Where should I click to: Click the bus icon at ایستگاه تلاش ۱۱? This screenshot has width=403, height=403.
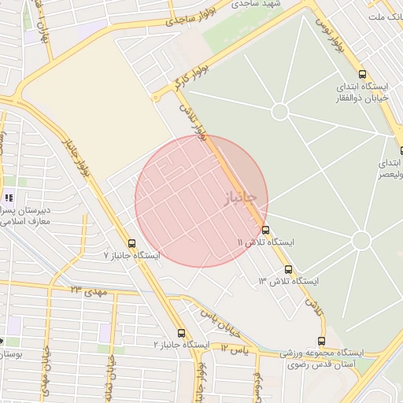click(265, 230)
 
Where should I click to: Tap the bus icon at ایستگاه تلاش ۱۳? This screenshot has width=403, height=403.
click(288, 268)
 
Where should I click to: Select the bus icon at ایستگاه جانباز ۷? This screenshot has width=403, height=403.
click(131, 243)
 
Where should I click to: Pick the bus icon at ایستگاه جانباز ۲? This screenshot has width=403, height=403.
click(182, 333)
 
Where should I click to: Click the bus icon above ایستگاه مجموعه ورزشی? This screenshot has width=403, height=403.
click(321, 341)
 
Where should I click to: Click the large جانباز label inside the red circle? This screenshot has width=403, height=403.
click(240, 201)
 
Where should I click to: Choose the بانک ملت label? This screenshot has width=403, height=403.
click(386, 15)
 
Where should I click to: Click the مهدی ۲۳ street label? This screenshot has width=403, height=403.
click(87, 291)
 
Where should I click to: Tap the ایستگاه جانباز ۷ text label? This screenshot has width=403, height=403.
click(132, 257)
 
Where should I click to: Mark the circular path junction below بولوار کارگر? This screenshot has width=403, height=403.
click(280, 111)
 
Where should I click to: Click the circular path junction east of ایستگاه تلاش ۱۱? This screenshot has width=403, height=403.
click(361, 240)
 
